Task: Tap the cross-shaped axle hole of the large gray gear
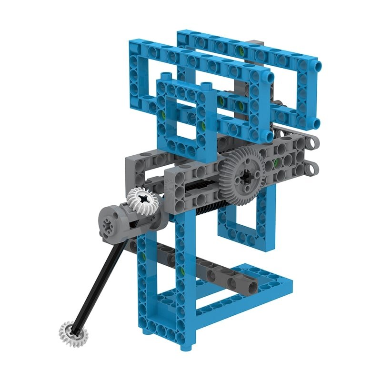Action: tap(248, 176)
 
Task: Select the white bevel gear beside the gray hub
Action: tap(142, 201)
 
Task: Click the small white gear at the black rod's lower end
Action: tap(73, 332)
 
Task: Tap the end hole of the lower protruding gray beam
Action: tap(315, 167)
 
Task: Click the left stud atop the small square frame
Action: tap(165, 77)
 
